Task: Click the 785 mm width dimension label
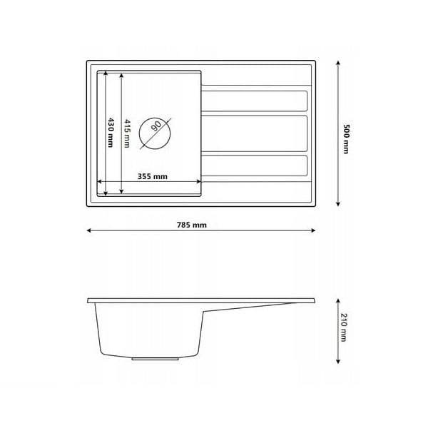(192, 225)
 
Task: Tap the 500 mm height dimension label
(346, 139)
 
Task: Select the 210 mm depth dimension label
(344, 327)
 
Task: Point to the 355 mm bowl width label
(153, 176)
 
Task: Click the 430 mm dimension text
(111, 133)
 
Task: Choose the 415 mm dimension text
(127, 133)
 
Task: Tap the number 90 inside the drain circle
(156, 126)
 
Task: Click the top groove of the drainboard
(255, 101)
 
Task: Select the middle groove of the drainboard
(255, 133)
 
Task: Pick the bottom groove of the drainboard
(255, 165)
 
